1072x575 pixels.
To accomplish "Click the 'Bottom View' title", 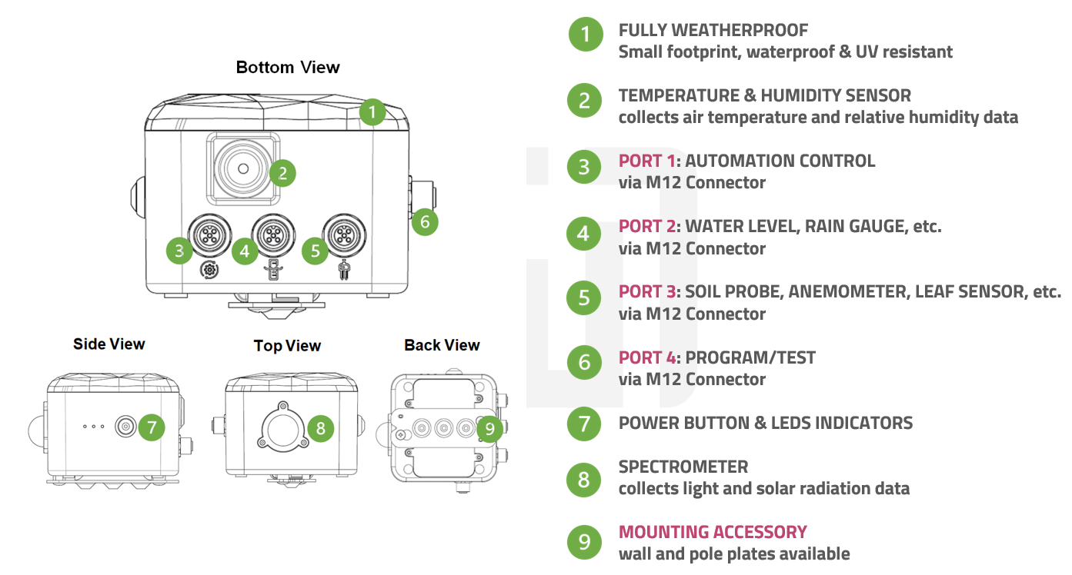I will click(287, 68).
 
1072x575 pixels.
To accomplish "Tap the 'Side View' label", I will click(109, 344).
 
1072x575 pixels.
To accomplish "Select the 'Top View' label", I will click(287, 346).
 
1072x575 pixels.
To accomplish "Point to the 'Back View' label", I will click(442, 345).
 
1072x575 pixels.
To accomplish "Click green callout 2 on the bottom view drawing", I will click(282, 173).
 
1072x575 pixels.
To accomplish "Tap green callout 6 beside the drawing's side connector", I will click(424, 222).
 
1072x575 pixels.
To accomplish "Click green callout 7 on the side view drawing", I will click(152, 427).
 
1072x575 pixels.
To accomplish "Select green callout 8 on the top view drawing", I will click(321, 428).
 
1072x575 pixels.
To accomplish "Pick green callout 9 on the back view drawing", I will click(489, 428).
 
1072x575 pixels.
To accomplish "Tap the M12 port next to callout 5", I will click(344, 234).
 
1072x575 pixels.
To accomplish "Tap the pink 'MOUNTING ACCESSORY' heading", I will click(713, 532).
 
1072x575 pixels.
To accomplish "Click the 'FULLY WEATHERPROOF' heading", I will click(713, 31).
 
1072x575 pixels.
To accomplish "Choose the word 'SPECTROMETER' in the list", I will click(683, 467).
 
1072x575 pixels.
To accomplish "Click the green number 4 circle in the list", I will click(584, 234).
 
